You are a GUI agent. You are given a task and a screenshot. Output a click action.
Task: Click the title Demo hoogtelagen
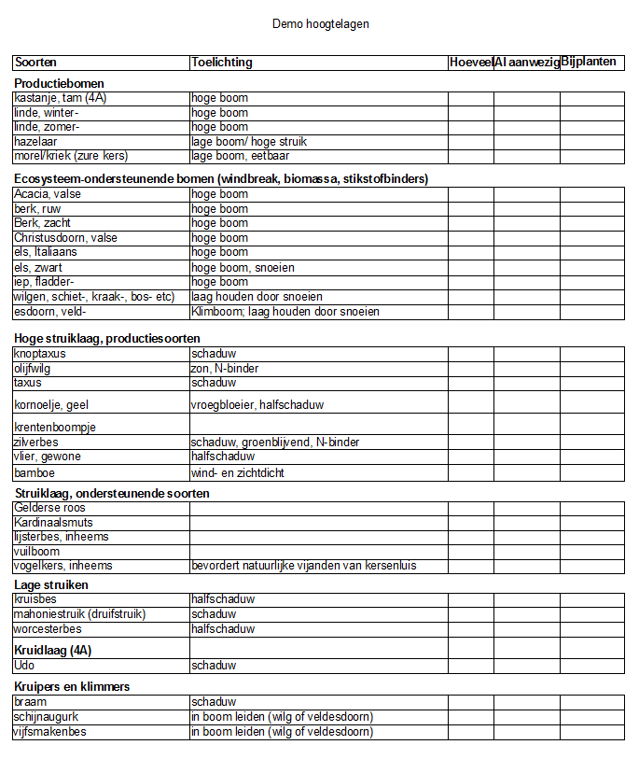click(x=320, y=23)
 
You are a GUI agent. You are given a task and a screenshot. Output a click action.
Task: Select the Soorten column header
click(x=35, y=63)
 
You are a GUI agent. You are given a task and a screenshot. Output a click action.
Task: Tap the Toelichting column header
click(x=221, y=63)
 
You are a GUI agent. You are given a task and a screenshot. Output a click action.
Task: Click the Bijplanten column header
click(x=589, y=63)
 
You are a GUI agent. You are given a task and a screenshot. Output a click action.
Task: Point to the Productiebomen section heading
click(x=59, y=83)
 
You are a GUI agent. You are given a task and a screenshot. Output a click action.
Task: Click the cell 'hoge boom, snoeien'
click(x=243, y=268)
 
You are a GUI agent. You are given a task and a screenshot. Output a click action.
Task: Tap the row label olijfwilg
click(x=33, y=369)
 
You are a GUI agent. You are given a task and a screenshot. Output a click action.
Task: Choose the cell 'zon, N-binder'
click(x=225, y=369)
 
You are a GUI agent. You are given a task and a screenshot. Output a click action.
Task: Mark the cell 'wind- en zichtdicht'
click(x=237, y=473)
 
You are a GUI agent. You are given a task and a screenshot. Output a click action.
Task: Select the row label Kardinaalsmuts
click(x=53, y=523)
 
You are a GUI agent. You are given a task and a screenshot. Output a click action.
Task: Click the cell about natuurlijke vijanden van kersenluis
click(x=303, y=566)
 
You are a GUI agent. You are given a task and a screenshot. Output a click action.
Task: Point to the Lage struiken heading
click(x=51, y=585)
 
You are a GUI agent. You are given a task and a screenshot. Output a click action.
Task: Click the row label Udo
click(x=24, y=666)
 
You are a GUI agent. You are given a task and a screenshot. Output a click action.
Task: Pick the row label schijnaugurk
click(x=46, y=717)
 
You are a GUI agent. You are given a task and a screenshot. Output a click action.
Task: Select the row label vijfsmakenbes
click(x=49, y=732)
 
